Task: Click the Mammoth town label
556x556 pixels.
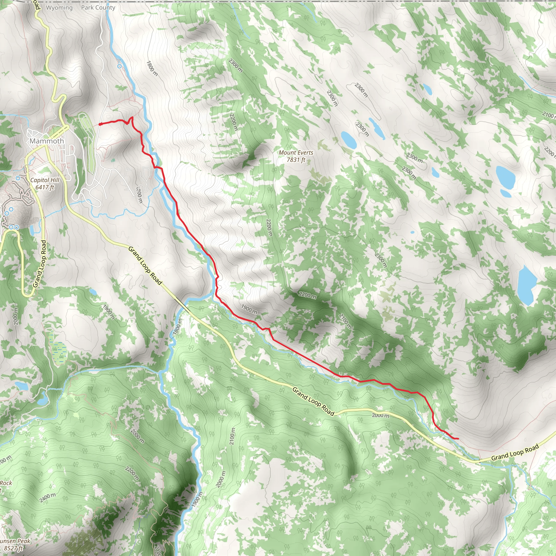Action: tap(47, 141)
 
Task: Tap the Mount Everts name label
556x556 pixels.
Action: tap(296, 156)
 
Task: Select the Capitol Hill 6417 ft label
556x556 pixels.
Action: tap(45, 184)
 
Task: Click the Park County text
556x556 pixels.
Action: tap(98, 8)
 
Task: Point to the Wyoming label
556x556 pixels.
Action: tap(59, 8)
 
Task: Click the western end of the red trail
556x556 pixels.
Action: tap(100, 124)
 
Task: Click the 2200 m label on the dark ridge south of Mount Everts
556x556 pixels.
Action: tap(307, 295)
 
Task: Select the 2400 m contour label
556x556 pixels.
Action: tap(48, 497)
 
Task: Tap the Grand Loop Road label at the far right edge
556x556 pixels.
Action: tap(515, 452)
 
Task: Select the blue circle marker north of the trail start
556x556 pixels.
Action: tap(119, 66)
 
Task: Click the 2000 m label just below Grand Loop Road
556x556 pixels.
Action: tap(380, 415)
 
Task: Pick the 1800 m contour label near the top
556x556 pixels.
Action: tap(152, 68)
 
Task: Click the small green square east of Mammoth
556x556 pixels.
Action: tap(113, 160)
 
